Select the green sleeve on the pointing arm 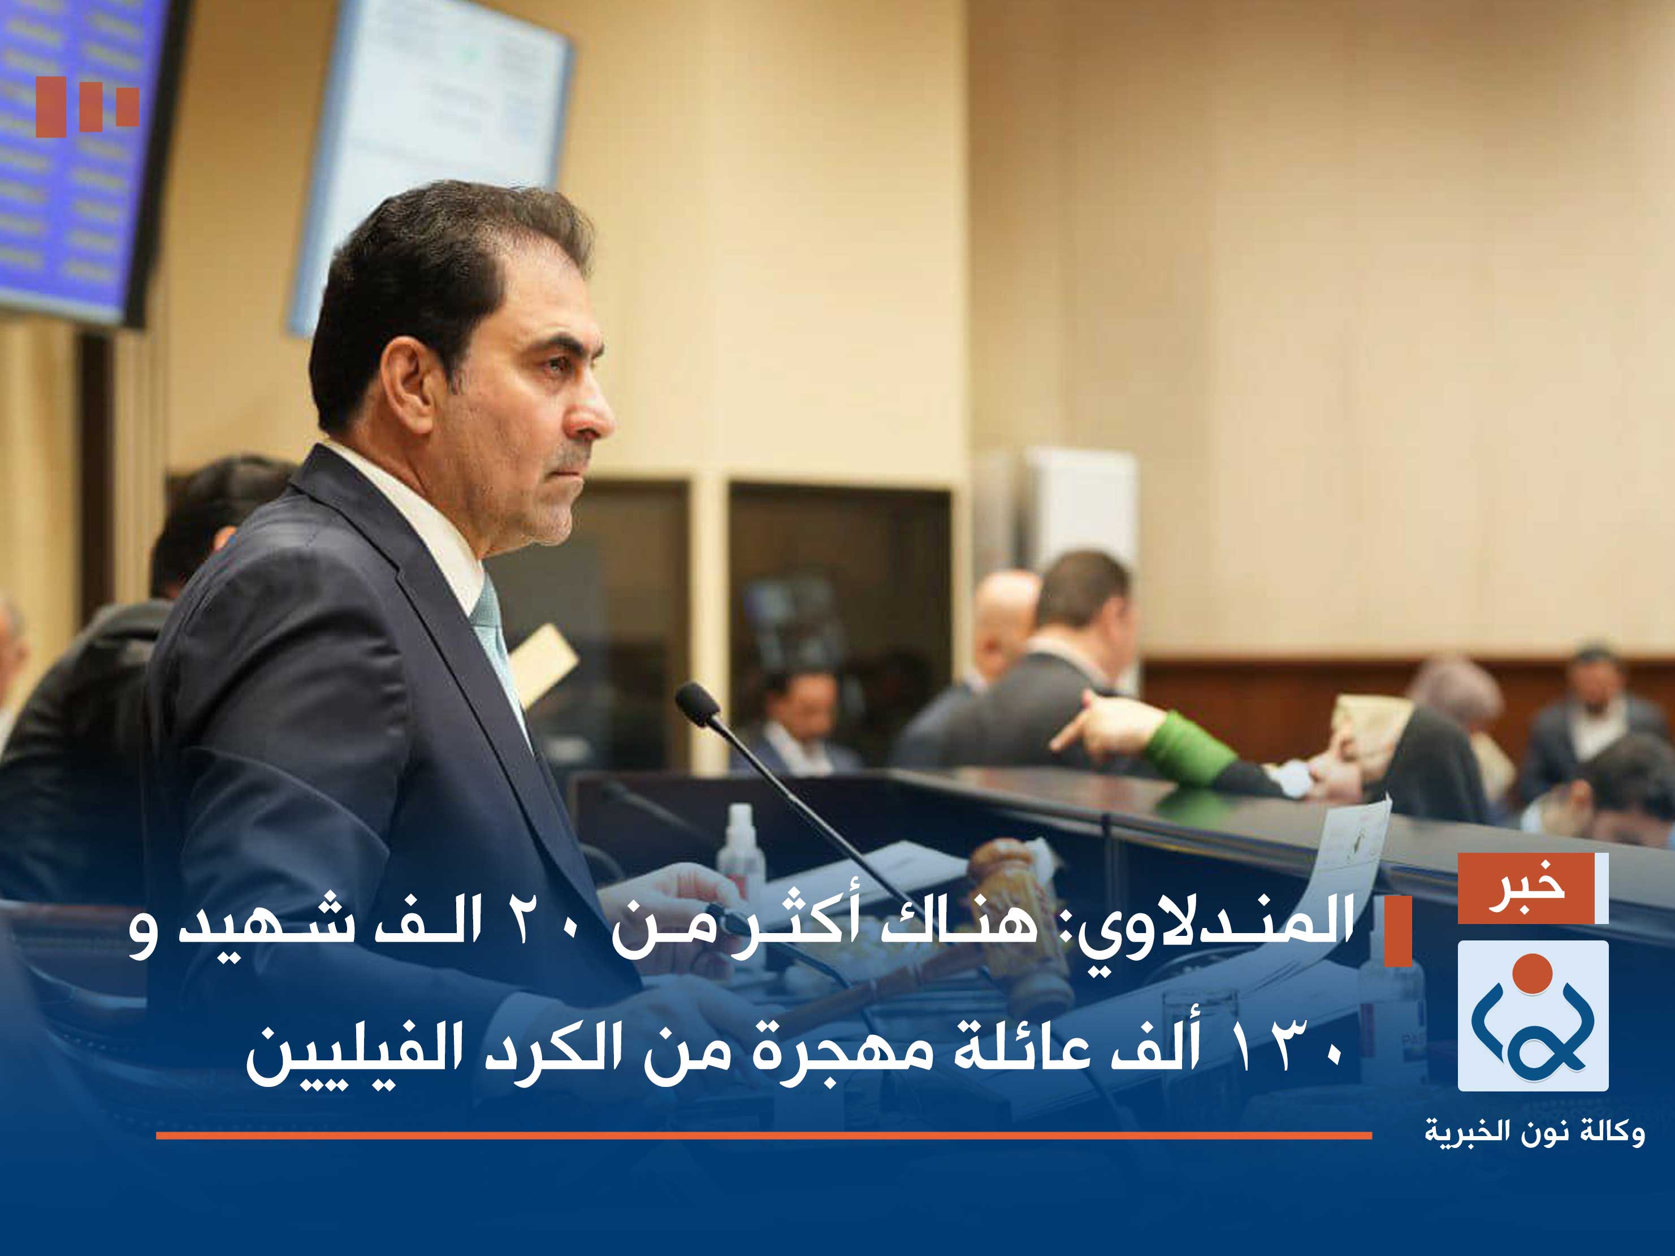point(1185,746)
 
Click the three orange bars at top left point(87,107)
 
